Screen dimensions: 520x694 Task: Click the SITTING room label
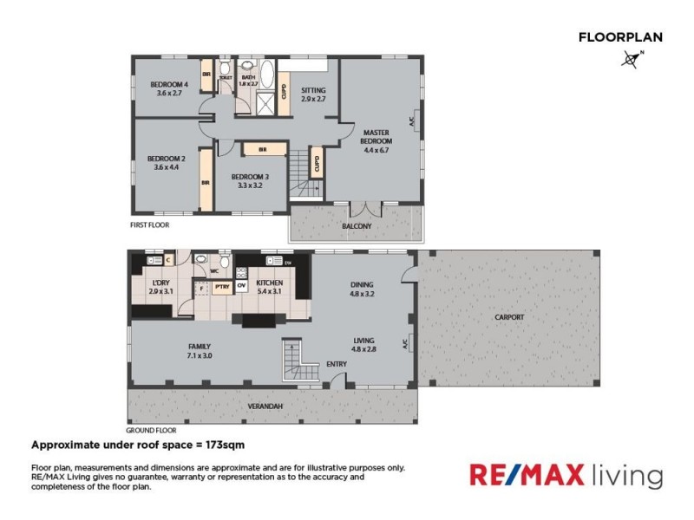(x=313, y=89)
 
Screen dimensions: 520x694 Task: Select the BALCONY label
(x=357, y=226)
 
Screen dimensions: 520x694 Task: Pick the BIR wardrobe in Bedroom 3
(x=260, y=149)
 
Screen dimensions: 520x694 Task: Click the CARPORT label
(x=509, y=317)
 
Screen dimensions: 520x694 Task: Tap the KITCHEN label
(x=270, y=283)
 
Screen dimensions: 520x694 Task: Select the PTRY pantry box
(x=222, y=285)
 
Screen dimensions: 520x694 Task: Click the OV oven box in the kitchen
(x=242, y=285)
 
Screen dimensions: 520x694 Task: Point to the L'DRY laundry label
(x=160, y=283)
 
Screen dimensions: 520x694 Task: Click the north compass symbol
(x=631, y=59)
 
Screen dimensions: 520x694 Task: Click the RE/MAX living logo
(x=566, y=475)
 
